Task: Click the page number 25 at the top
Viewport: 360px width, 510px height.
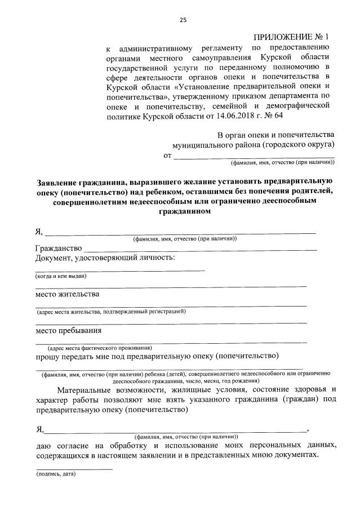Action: pyautogui.click(x=183, y=20)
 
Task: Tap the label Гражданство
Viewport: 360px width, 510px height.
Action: pyautogui.click(x=59, y=248)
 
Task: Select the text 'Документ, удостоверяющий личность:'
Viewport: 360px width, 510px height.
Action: pyautogui.click(x=105, y=258)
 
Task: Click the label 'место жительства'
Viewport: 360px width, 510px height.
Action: pyautogui.click(x=67, y=294)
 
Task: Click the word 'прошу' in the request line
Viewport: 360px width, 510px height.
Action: pyautogui.click(x=47, y=356)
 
